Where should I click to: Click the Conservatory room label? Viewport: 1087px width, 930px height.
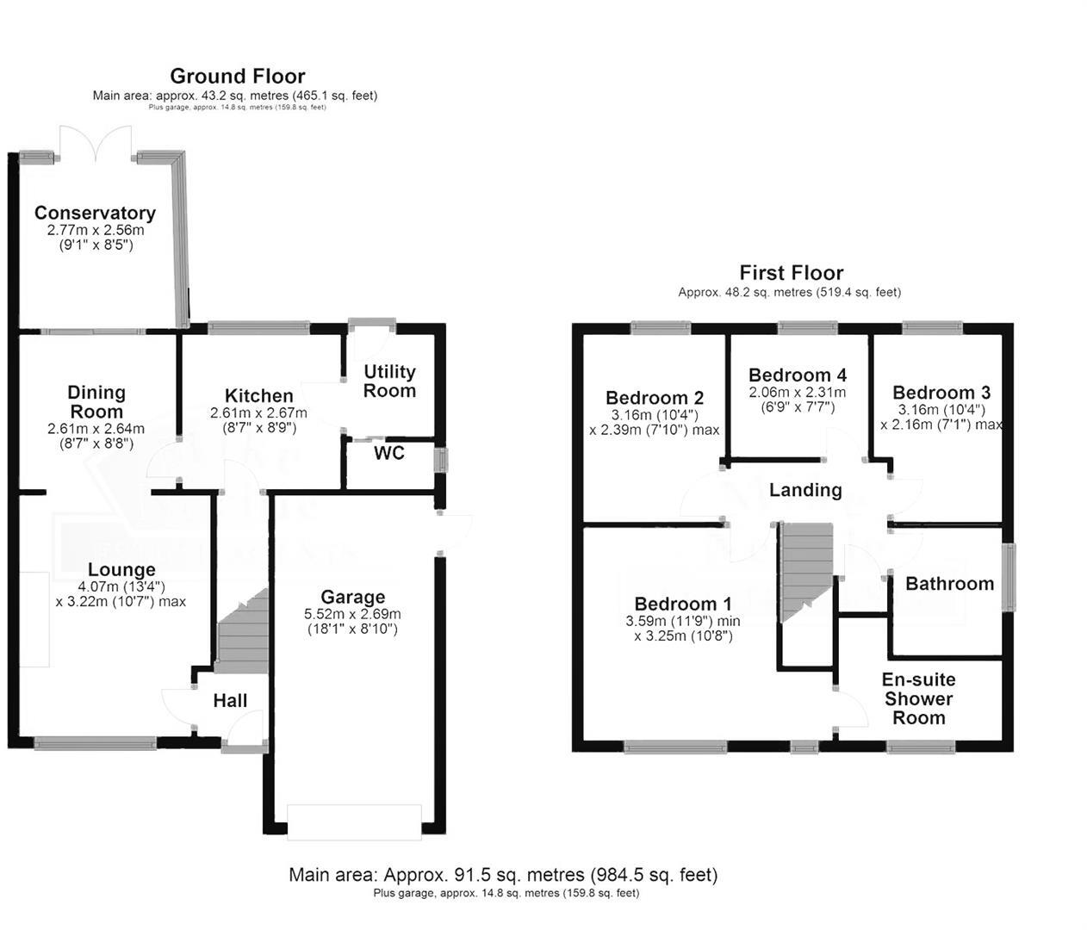(95, 213)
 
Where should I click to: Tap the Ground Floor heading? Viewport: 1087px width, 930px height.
(237, 77)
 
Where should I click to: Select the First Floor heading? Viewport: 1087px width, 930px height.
(791, 273)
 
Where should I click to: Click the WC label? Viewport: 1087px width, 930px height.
(388, 453)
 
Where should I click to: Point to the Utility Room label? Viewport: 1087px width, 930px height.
(389, 381)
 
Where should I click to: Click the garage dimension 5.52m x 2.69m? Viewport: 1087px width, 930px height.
(352, 614)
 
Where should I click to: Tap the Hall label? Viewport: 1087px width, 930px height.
(230, 701)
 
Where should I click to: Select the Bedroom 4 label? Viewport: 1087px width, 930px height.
(797, 375)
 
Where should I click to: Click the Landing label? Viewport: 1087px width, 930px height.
(804, 490)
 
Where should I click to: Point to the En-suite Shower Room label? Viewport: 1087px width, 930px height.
(918, 698)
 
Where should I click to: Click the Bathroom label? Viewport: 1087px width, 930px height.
(949, 583)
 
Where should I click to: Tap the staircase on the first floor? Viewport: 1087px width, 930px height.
(806, 568)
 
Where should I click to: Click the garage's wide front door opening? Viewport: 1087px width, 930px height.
(355, 821)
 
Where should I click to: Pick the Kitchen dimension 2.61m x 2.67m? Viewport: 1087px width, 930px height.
(258, 413)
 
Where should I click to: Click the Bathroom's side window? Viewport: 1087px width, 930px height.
(1008, 576)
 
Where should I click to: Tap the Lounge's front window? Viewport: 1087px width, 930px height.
(95, 742)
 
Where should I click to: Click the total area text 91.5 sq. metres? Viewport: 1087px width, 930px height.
(503, 875)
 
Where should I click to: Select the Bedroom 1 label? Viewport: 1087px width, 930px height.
(682, 604)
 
